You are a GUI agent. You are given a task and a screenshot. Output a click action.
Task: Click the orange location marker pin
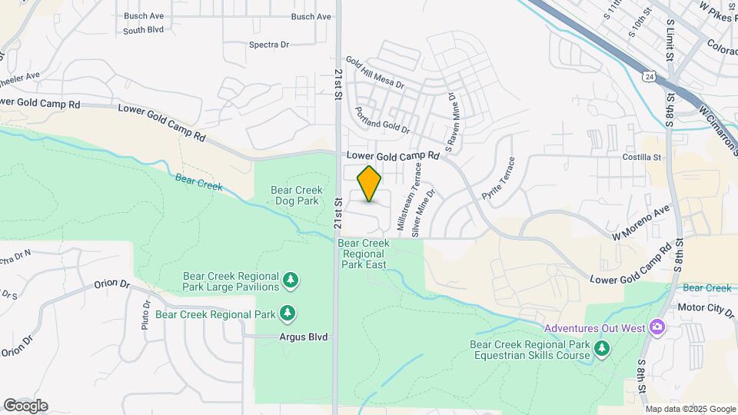coord(369,184)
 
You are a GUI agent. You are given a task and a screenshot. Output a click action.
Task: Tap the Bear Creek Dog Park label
coord(296,196)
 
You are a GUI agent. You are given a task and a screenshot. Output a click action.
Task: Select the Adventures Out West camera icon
coord(657,328)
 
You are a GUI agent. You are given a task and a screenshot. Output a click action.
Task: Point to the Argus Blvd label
coord(301,337)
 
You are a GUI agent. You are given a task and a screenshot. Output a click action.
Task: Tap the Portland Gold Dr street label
coord(382,120)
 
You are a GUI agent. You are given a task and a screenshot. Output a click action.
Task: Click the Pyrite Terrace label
coord(497,179)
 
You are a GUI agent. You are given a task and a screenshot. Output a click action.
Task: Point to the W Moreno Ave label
coord(641,223)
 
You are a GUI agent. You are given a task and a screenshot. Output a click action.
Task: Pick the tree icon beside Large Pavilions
coord(291,281)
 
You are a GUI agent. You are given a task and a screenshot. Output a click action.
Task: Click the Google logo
coord(25,406)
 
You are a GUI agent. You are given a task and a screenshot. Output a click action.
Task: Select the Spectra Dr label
coord(268,45)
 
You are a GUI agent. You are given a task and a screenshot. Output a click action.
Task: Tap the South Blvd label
coord(144,31)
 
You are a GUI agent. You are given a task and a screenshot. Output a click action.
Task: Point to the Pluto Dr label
coord(145,315)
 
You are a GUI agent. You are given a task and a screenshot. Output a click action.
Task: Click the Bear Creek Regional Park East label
coord(364,254)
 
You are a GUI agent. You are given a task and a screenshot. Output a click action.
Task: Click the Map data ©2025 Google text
coord(690,410)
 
